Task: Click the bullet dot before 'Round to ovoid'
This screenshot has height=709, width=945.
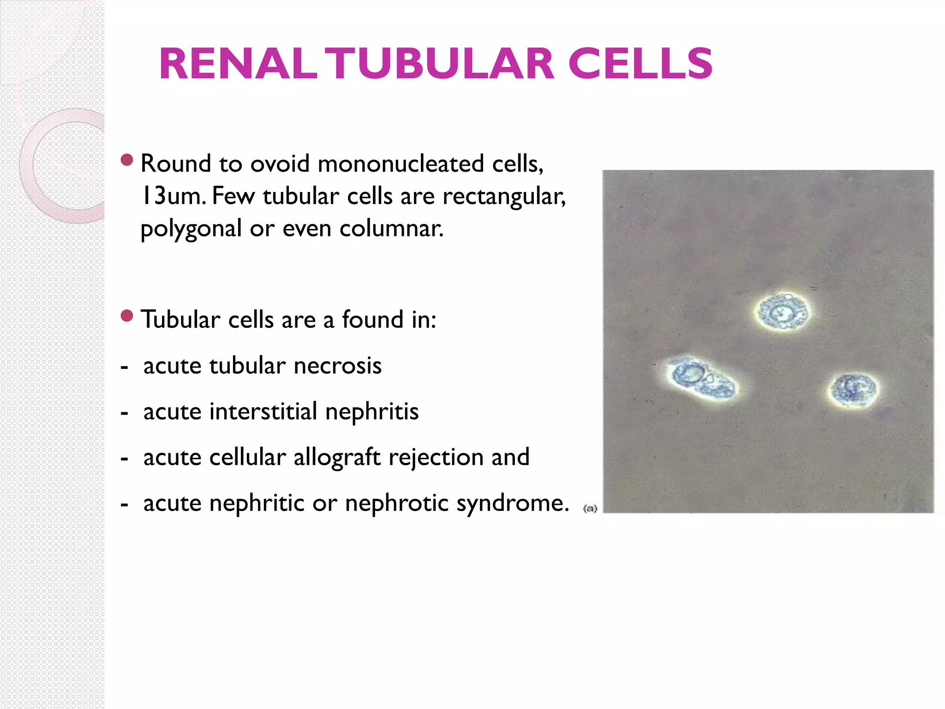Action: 126,160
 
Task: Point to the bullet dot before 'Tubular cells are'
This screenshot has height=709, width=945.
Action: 126,316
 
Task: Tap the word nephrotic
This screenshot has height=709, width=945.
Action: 396,503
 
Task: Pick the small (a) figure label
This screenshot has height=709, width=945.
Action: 590,509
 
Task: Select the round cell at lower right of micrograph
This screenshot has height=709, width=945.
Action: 852,390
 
